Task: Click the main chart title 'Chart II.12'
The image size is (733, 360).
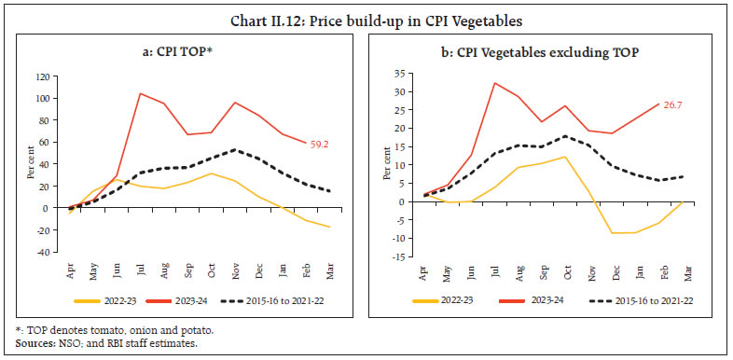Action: pos(366,13)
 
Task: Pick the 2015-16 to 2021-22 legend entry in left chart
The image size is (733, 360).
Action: pos(295,299)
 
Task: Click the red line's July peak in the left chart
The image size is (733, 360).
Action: pos(141,93)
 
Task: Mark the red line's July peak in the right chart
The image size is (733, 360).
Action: pos(494,83)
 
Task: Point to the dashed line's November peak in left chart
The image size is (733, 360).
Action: pos(236,149)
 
